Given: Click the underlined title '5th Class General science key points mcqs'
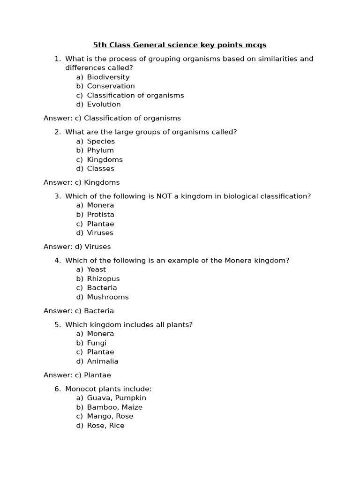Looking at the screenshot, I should point(180,45).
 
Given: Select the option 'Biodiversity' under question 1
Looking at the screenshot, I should point(108,77).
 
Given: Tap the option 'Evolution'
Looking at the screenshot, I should point(104,104).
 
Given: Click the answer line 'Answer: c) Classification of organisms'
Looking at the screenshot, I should point(112,118).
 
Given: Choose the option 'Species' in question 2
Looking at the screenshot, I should point(101,141).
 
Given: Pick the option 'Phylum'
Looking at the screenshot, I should point(100,150).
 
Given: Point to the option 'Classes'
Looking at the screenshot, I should point(100,168).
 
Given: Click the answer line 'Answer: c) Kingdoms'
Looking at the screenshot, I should point(82,182).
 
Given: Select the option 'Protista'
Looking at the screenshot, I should point(100,214).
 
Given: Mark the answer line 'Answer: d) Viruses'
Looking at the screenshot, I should point(77,247).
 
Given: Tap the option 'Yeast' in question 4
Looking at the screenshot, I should point(97,269).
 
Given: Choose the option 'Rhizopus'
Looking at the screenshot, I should point(103,278).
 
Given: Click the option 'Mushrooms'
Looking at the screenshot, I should point(107,297).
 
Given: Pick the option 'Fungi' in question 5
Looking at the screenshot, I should point(97,343).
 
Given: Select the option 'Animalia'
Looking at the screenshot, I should point(103,361).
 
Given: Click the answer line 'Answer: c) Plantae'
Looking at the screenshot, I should point(77,375).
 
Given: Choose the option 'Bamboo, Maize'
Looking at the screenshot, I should point(114,407).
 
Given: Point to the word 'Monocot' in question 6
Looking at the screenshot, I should point(80,389).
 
